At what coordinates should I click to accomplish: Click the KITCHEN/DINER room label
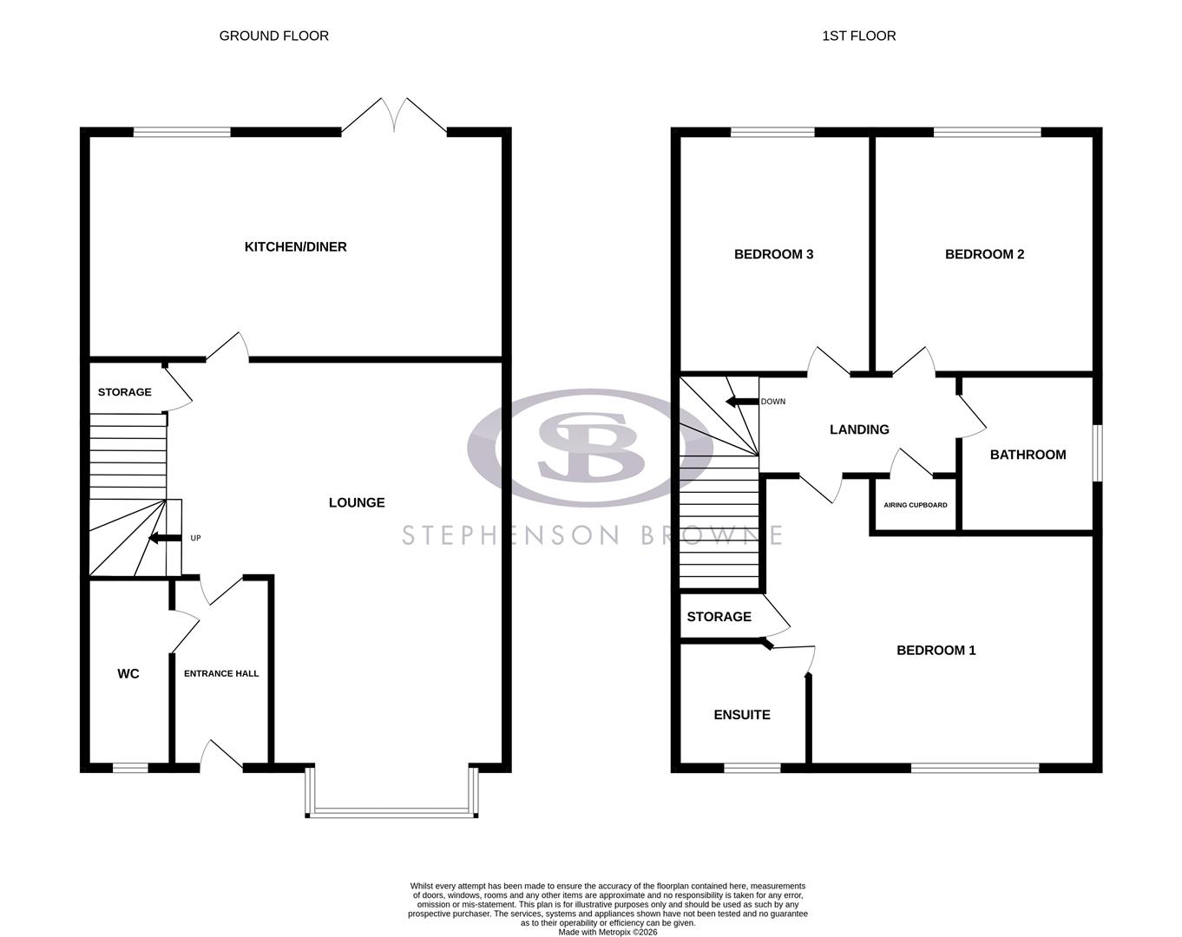pos(295,247)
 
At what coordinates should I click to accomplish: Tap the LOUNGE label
pos(357,502)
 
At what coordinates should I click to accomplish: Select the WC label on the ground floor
pos(128,674)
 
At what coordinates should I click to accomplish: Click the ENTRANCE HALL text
pos(221,673)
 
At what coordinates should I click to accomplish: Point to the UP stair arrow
pos(161,538)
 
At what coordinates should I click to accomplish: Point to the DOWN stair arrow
pos(741,402)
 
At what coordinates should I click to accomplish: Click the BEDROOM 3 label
pos(773,254)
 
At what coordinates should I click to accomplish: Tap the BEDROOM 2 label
pos(984,254)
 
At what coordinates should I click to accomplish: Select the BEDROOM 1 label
pos(936,650)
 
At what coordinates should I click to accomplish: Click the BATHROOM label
pos(1028,455)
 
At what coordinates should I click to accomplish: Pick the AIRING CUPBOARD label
pos(915,505)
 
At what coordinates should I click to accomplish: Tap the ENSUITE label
pos(741,715)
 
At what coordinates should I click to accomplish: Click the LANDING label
pos(859,429)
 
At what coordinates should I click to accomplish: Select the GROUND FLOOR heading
pos(273,36)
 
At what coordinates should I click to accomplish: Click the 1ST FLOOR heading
pos(858,36)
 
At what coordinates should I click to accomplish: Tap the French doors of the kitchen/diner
pos(394,118)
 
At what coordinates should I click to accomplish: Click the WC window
pos(130,767)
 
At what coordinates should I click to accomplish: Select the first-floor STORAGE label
pos(719,617)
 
